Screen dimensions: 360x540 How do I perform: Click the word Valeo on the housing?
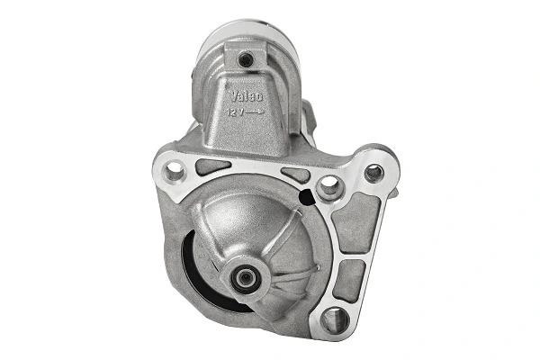pyautogui.click(x=245, y=94)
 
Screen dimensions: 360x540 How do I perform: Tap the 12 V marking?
pyautogui.click(x=236, y=111)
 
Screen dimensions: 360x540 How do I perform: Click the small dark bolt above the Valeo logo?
pyautogui.click(x=244, y=59)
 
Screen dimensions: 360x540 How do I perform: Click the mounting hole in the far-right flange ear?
pyautogui.click(x=373, y=171)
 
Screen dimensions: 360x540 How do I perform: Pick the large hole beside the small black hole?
pyautogui.click(x=329, y=187)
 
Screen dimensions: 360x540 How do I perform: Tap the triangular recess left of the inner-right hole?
pyautogui.click(x=294, y=175)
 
